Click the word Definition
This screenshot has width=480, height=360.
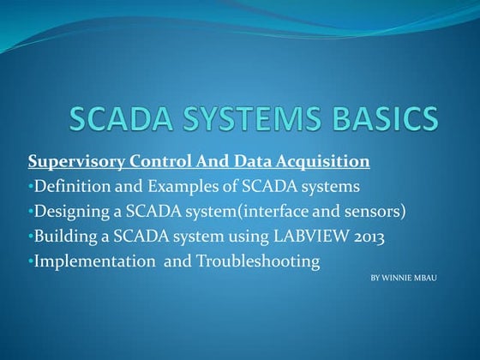[68, 186]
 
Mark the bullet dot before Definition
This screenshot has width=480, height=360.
[30, 186]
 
